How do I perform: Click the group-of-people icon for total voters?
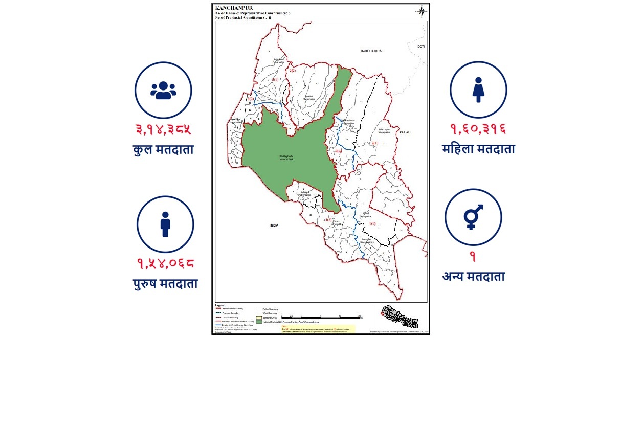[163, 90]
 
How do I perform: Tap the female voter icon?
[478, 89]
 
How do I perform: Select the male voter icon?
[165, 224]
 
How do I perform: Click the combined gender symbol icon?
[473, 217]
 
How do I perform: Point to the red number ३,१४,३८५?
[163, 129]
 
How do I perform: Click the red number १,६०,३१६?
[478, 129]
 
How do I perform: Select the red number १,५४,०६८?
[165, 264]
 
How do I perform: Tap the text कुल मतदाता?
[163, 150]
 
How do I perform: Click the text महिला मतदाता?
[478, 149]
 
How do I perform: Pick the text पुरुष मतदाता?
[165, 284]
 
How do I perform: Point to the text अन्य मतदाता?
[473, 277]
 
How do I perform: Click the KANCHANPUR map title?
[234, 8]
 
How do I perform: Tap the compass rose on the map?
[422, 12]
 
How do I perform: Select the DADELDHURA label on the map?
[371, 51]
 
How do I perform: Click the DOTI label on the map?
[421, 47]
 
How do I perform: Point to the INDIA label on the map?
[275, 225]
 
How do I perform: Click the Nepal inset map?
[400, 317]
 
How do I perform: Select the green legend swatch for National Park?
[259, 322]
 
